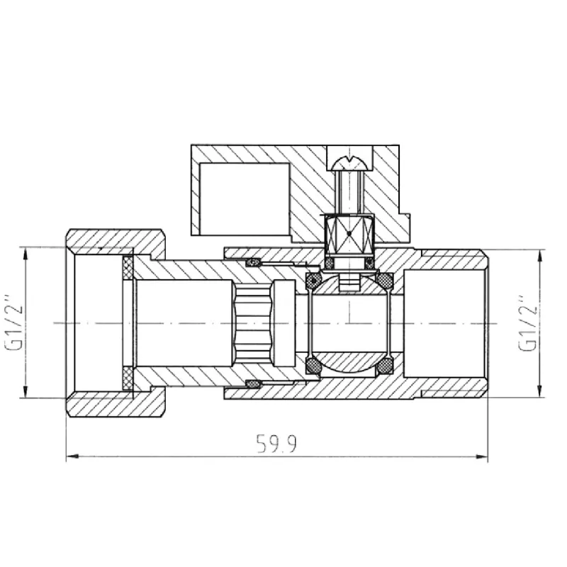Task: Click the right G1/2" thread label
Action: click(527, 322)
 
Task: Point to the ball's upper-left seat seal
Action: click(313, 281)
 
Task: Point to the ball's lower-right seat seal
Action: click(385, 366)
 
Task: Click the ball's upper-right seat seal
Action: click(385, 281)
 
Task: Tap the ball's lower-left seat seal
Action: click(313, 366)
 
